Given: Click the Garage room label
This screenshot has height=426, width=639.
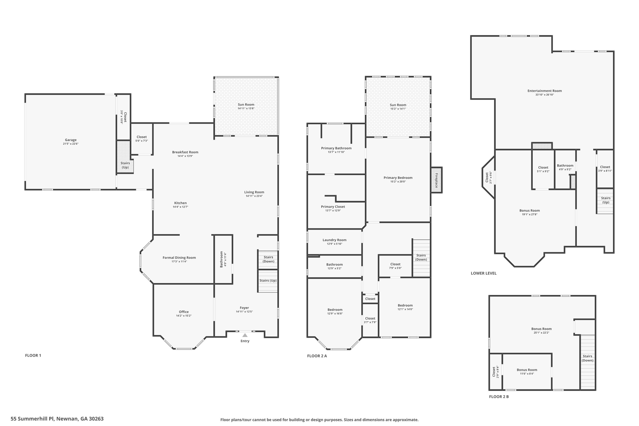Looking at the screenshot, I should [71, 140].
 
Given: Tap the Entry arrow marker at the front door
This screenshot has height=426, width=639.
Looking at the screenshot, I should [245, 335].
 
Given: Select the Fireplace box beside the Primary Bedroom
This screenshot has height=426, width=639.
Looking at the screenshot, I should [437, 180].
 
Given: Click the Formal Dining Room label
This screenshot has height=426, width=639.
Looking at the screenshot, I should [179, 258].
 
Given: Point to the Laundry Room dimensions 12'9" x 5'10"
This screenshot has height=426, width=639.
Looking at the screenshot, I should [334, 244].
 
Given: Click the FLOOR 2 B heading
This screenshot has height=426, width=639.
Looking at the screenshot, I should [499, 397].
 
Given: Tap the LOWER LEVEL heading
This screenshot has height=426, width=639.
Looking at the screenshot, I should [483, 273].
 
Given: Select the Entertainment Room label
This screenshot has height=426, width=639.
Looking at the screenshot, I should [544, 91].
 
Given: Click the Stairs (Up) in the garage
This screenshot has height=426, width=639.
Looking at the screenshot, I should [125, 165].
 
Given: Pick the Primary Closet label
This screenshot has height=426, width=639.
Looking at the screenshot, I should [333, 207].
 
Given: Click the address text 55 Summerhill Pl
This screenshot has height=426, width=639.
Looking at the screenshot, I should [57, 419].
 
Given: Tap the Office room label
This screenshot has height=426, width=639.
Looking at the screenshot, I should [184, 312].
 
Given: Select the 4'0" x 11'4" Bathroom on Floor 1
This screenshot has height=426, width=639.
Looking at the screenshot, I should [223, 259].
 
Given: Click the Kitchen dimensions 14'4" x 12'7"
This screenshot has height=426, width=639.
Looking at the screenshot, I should [180, 207].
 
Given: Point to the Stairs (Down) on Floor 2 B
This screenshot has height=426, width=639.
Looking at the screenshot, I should [587, 358].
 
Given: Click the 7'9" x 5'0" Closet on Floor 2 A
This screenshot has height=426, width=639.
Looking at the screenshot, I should [395, 266].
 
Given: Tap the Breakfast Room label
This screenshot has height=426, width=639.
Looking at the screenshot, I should [185, 152].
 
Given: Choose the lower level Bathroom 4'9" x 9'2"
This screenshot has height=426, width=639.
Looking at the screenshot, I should [565, 167].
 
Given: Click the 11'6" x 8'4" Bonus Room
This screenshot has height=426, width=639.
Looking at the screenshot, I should [527, 371].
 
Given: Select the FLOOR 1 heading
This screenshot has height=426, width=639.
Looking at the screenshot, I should [33, 355].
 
